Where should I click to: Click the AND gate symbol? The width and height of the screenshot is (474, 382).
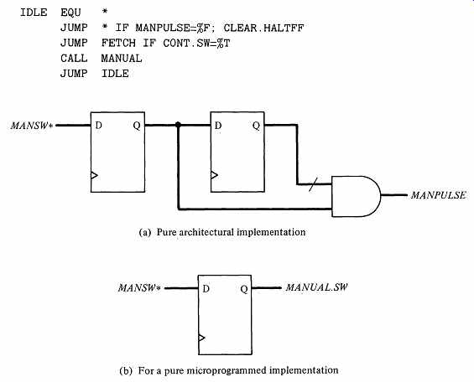point(356,196)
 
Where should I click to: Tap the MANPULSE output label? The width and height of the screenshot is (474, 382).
point(438,195)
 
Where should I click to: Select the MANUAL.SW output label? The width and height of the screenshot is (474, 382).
point(316,287)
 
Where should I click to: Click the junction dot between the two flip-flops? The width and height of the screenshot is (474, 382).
point(178,125)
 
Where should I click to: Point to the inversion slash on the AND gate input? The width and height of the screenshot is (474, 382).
point(314,184)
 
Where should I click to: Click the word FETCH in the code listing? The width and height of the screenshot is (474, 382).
point(118,44)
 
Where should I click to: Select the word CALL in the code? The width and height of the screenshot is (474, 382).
point(74,59)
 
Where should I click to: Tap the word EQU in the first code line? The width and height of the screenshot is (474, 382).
point(70,13)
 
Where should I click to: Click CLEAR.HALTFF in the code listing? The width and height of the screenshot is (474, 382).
point(263,28)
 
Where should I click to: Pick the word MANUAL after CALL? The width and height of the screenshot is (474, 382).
point(122,59)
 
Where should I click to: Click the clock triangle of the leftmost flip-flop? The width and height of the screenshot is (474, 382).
point(94,175)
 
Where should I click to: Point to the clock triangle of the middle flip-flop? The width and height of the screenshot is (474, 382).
point(214,175)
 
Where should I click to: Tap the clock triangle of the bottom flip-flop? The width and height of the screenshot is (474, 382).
point(201,338)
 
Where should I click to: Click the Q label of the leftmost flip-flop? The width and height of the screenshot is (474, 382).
point(137,126)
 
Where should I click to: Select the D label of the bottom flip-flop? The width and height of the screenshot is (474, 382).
point(206,289)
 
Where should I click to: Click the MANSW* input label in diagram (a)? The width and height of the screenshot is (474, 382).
point(32,126)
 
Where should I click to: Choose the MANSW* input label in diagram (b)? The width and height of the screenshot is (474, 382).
point(139,288)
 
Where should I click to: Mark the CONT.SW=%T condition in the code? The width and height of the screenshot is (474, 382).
point(196,44)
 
